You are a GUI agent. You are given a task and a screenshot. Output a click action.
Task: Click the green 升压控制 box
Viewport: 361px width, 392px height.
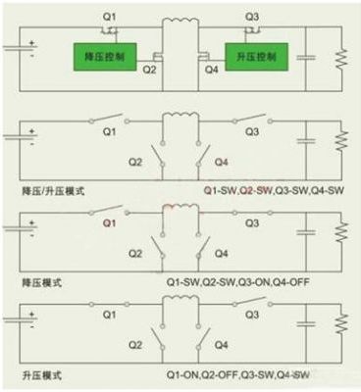pos(256,56)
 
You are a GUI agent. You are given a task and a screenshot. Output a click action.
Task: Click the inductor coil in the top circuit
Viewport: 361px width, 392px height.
pos(180,23)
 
